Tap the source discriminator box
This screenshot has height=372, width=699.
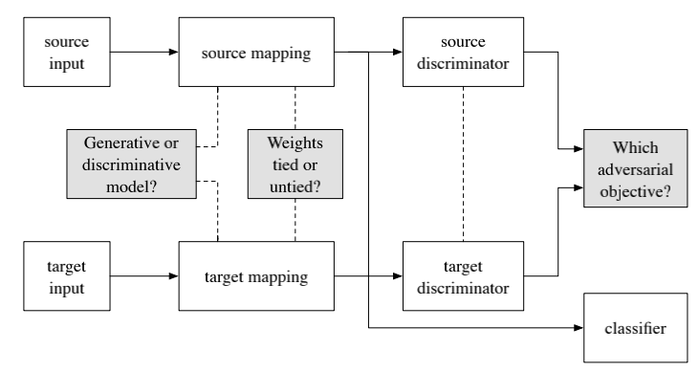point(464,54)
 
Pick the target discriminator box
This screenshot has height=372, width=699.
point(464,276)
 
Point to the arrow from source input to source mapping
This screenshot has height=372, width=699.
point(138,54)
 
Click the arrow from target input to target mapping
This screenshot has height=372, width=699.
point(138,277)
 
